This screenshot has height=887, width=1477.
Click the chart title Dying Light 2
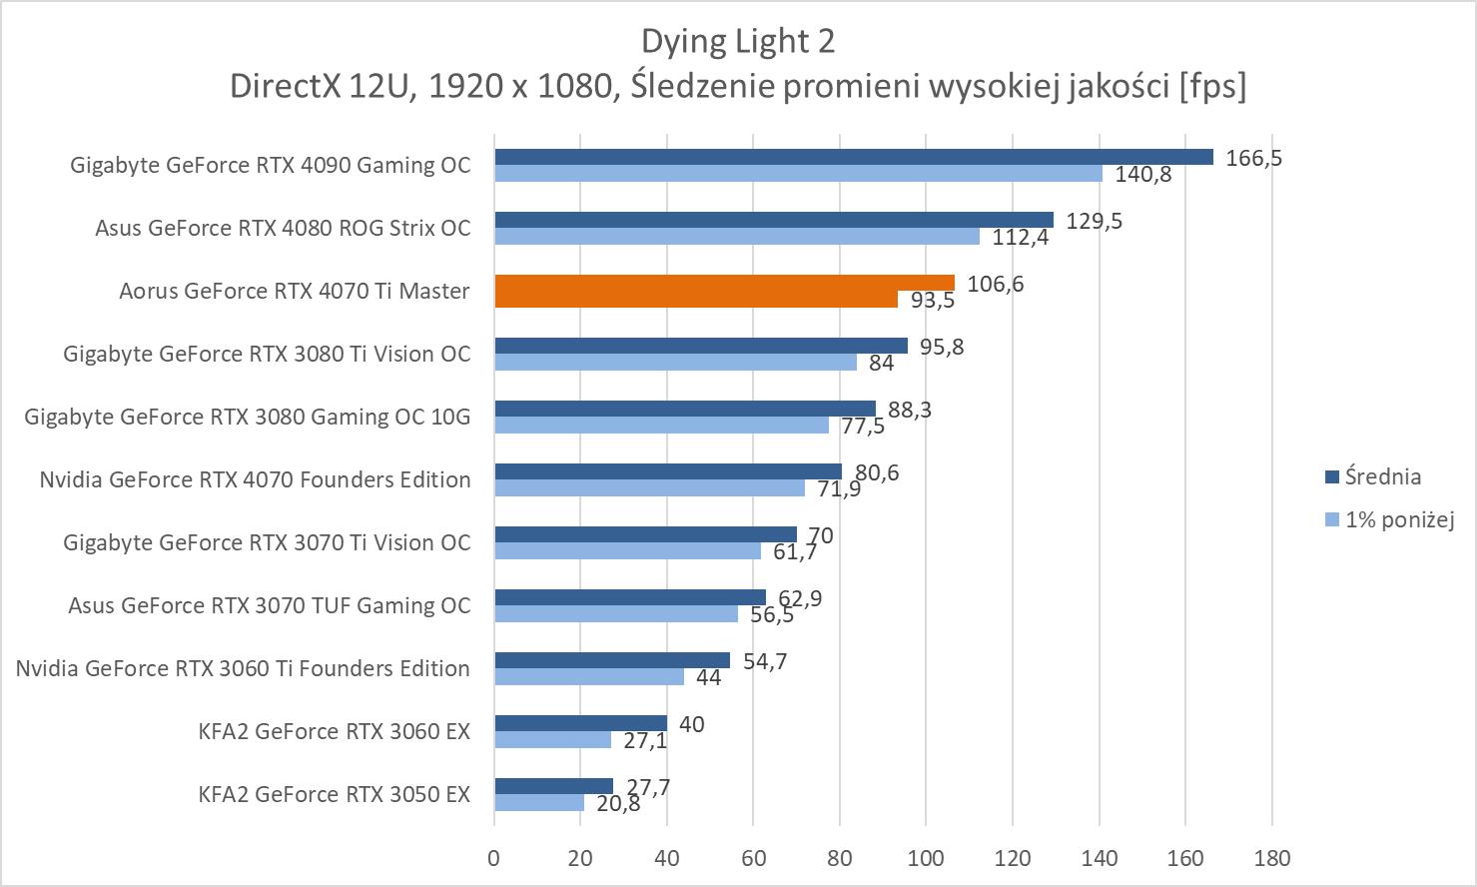737,42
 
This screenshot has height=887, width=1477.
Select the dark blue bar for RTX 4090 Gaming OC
853,157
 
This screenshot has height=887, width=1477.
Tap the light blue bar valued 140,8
798,174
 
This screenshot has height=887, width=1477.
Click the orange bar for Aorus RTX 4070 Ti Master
724,291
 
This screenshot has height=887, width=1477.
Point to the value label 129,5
1095,221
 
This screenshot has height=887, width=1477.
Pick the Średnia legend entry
1382,476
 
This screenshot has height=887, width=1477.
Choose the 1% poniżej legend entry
1398,519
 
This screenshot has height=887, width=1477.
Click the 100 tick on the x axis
926,858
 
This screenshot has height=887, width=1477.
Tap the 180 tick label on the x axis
1271,858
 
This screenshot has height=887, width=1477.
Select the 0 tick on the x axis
493,858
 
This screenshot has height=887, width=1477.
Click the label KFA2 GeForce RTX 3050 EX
334,795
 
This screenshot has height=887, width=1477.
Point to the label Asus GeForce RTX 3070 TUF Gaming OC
269,606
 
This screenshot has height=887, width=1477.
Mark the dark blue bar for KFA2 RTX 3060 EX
580,723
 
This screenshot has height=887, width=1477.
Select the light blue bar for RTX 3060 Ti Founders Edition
589,677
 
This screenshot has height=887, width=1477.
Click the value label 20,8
618,803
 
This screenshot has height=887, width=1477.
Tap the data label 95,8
942,347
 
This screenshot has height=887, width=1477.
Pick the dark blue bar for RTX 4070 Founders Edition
668,471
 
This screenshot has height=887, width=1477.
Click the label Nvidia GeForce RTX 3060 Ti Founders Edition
243,669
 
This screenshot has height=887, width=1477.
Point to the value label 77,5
863,426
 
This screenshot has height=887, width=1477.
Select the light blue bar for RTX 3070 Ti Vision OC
627,551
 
